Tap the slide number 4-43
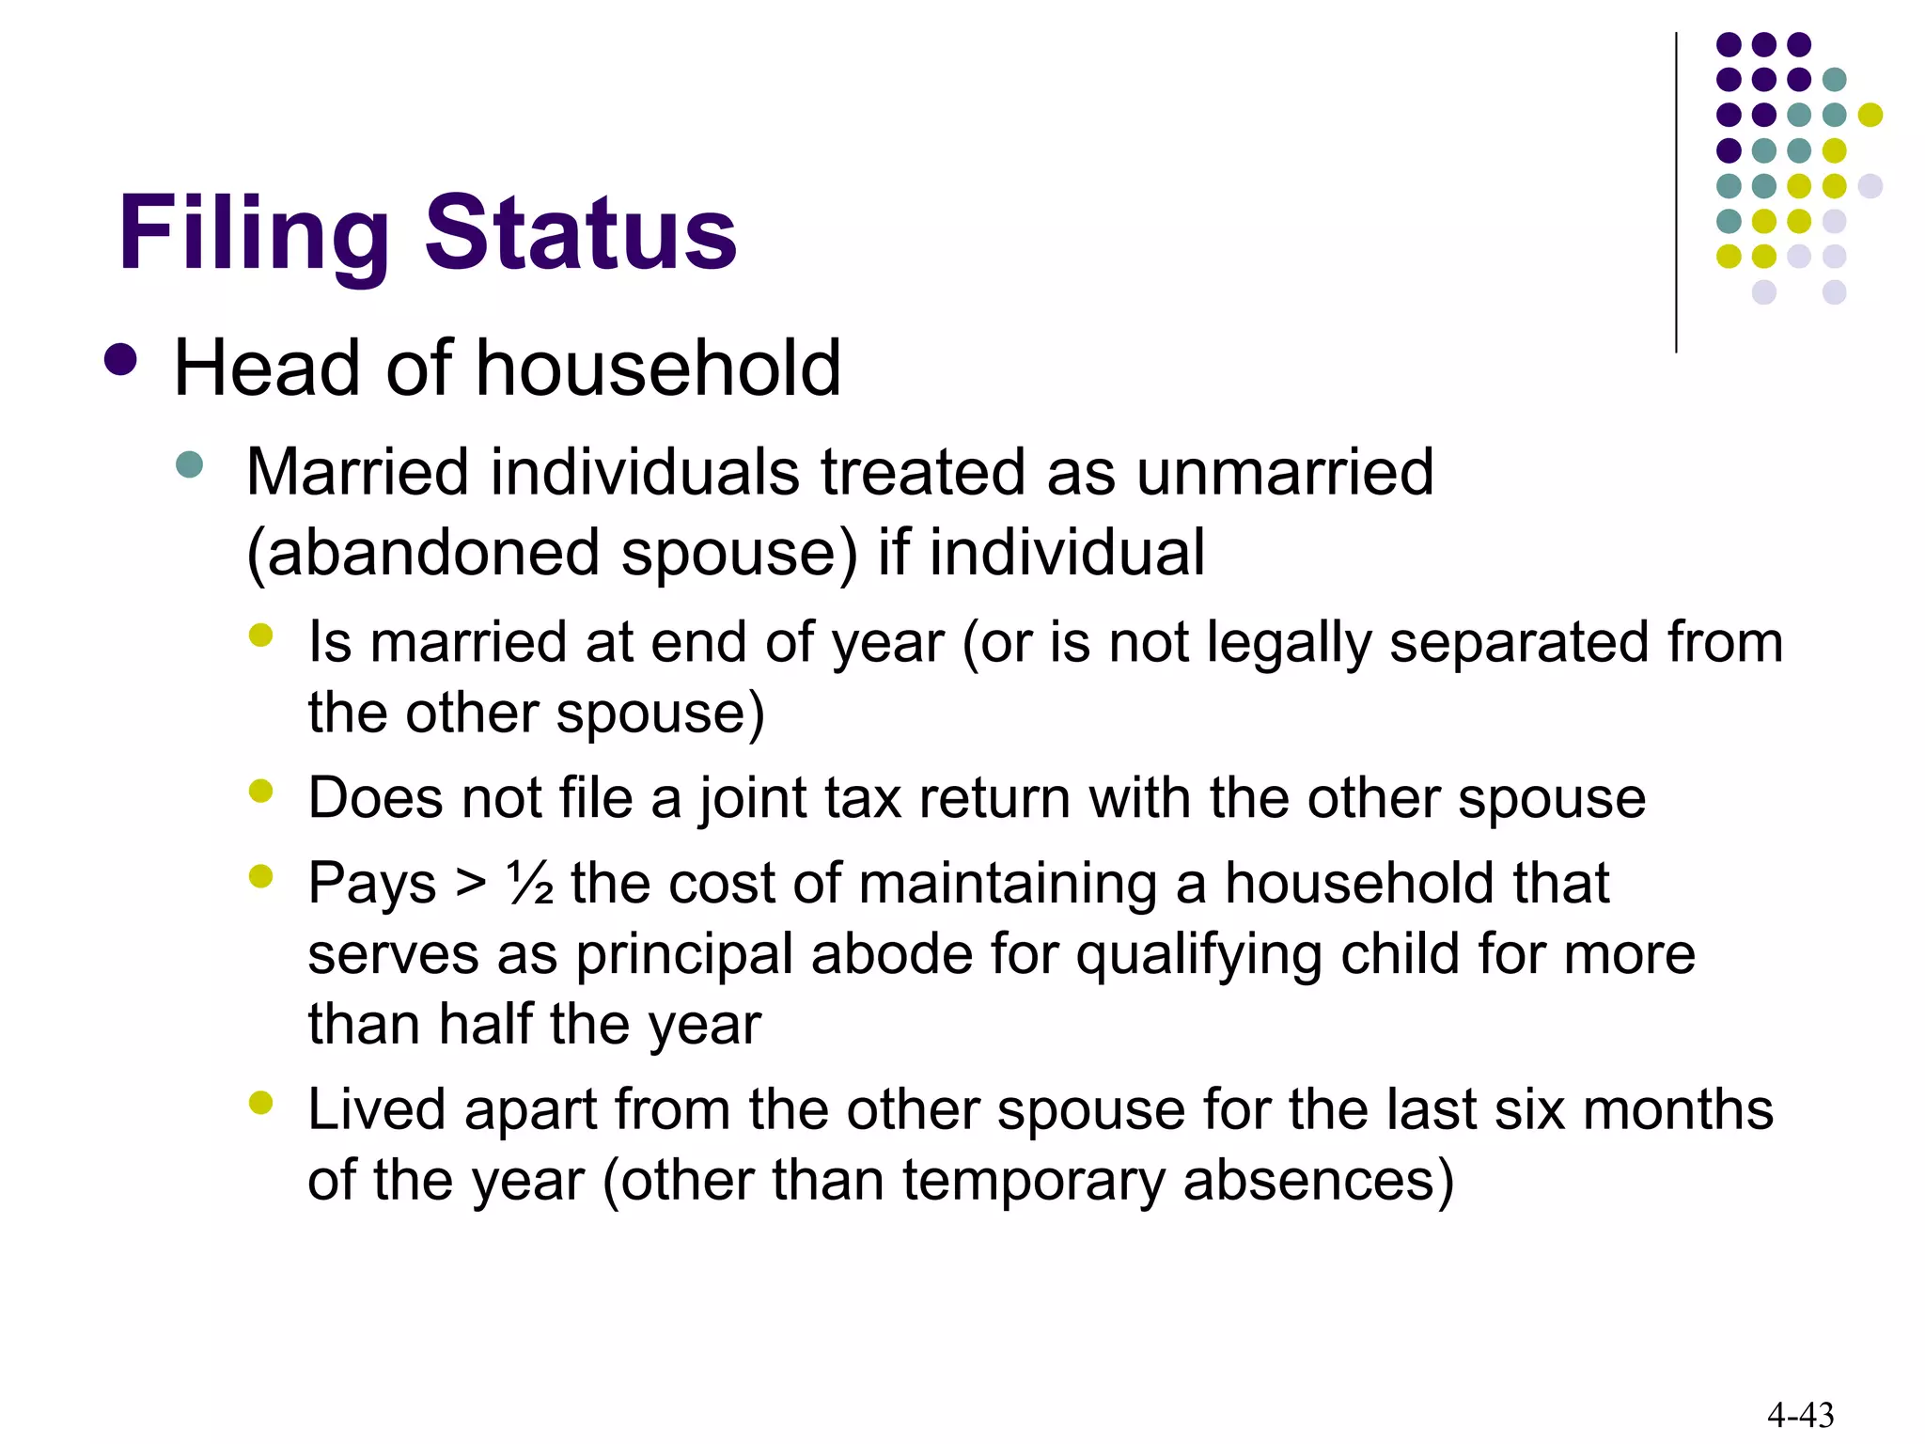(x=1800, y=1414)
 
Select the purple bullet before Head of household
(x=121, y=359)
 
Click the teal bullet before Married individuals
(x=190, y=464)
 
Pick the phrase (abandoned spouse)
(x=552, y=552)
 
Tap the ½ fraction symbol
(x=529, y=884)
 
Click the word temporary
(x=1034, y=1180)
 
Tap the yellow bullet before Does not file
(x=260, y=792)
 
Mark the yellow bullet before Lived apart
(x=260, y=1102)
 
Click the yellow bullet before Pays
(x=260, y=877)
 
